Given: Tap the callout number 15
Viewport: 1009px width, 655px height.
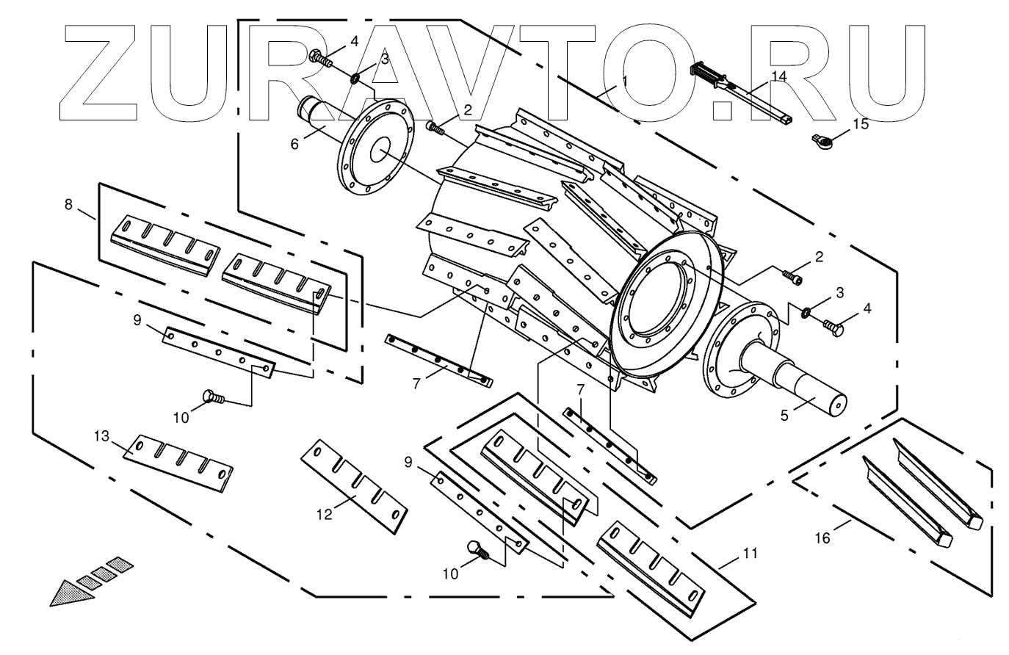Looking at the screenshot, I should [x=860, y=123].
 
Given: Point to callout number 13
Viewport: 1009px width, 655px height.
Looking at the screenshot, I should [x=101, y=437].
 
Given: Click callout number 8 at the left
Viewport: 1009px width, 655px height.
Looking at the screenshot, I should [x=68, y=205].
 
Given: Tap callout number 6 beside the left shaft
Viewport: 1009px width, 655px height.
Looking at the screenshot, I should [x=294, y=144].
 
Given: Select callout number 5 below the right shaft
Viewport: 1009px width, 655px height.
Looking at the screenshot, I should [x=784, y=415].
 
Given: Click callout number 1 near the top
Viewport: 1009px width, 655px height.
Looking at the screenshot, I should [x=625, y=82].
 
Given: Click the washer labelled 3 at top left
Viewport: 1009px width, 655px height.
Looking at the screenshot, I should [x=355, y=77].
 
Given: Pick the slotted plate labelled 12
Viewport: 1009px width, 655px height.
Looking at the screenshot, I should [x=354, y=485].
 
